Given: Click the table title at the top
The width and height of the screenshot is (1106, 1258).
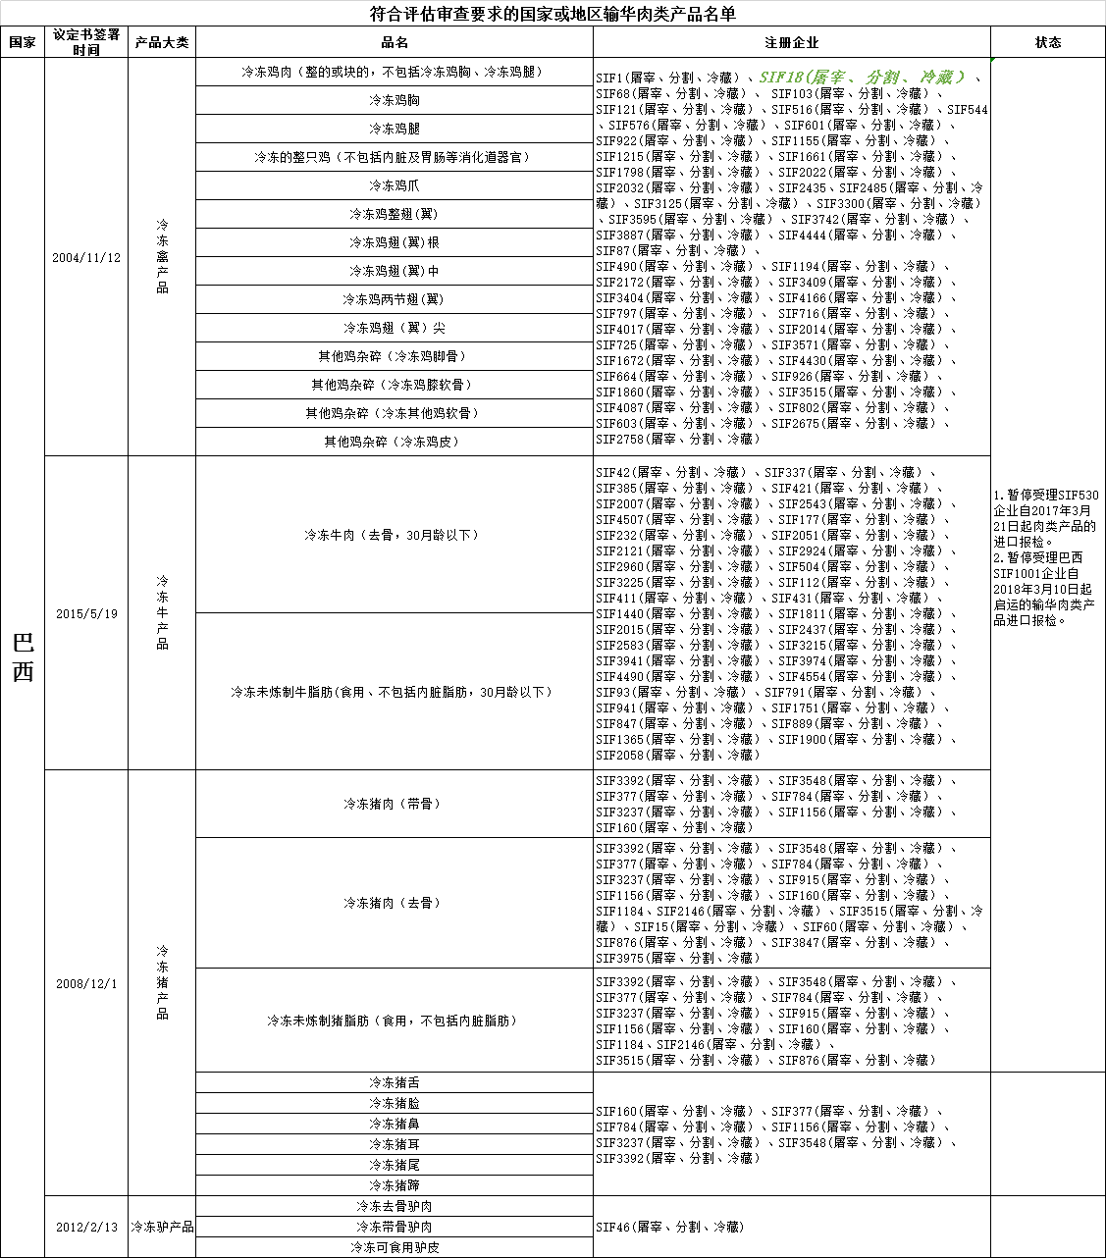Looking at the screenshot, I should [553, 14].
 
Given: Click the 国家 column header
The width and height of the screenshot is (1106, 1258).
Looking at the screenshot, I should [23, 42].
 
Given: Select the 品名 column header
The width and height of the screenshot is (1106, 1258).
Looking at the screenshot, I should [395, 42].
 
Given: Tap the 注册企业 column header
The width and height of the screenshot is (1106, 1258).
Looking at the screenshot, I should [791, 42].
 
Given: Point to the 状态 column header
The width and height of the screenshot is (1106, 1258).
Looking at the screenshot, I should [1048, 42].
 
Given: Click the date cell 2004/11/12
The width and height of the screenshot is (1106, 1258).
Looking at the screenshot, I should [86, 257].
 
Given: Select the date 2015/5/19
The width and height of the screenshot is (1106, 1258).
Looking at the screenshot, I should [86, 613].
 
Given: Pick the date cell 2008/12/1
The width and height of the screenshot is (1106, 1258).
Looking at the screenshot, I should [86, 983].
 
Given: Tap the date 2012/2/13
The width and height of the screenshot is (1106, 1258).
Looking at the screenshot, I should [86, 1227].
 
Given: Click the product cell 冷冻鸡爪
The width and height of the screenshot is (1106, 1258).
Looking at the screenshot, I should [395, 185].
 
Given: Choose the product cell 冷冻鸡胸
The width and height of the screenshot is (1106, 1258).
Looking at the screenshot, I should [395, 100].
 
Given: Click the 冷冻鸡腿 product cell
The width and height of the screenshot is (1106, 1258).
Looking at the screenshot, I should [395, 129].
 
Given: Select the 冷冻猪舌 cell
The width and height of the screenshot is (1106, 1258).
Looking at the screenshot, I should [395, 1082].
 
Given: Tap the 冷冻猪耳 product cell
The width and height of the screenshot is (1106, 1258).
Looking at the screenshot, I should [395, 1144].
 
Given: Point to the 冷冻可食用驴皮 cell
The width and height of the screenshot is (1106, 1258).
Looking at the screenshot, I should [395, 1247].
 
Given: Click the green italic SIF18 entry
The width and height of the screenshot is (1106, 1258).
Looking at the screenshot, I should [861, 77].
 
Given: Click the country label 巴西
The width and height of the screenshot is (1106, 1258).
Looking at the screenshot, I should [23, 657].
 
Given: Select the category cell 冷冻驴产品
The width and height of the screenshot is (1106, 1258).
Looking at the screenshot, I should [162, 1227].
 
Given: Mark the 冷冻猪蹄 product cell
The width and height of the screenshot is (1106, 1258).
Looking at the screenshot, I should [395, 1185].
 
